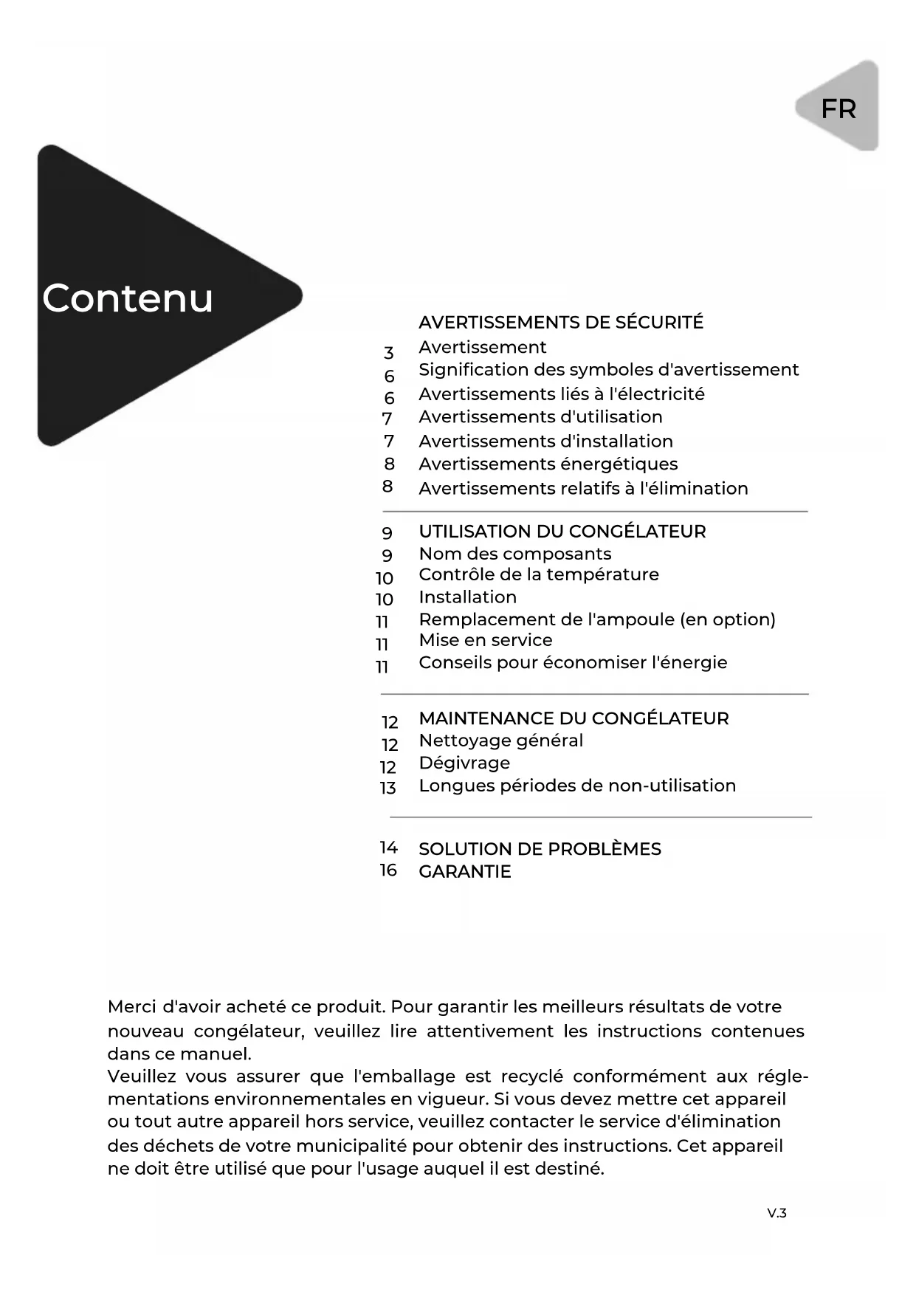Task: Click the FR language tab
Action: coord(838,109)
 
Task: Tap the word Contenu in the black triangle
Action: coord(128,298)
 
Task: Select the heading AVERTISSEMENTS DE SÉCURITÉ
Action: coord(561,322)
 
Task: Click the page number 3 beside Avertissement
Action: coord(388,353)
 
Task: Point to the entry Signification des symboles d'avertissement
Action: coord(608,369)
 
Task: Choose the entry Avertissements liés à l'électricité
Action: coord(561,394)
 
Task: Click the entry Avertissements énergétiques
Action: coord(548,464)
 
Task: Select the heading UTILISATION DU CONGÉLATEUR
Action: coord(562,531)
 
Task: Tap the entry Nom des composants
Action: coord(514,554)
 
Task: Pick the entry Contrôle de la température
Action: coord(538,574)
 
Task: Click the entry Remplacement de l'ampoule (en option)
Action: coord(596,619)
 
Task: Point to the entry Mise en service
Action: coord(485,640)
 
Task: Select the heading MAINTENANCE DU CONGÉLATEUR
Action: coord(574,718)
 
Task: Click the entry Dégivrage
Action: coord(464,763)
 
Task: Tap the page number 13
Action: coord(388,788)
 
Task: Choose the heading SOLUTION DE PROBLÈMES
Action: coord(540,849)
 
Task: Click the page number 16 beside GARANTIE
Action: coord(388,870)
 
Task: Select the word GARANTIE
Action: coord(464,871)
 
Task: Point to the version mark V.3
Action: coord(776,1213)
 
